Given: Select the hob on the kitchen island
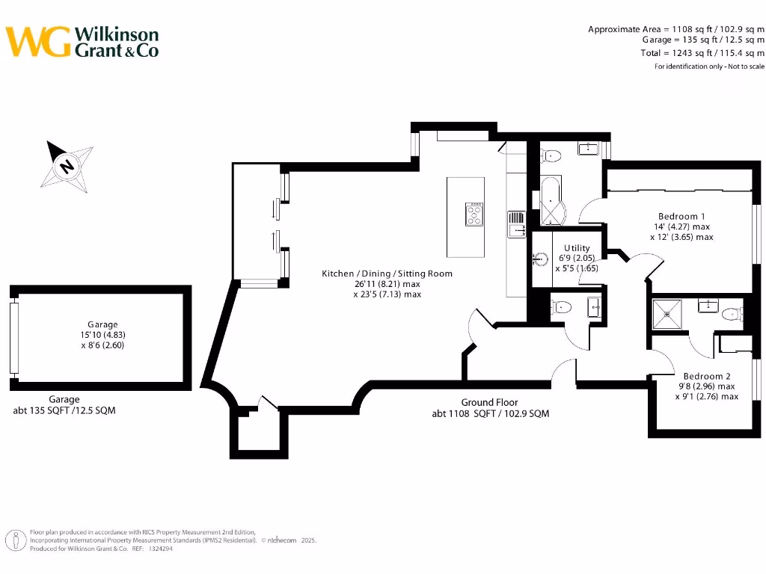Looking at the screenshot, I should click(474, 215).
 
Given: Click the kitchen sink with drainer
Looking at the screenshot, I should click(517, 224).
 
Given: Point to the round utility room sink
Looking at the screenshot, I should click(542, 260).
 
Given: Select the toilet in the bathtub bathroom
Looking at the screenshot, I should click(552, 156).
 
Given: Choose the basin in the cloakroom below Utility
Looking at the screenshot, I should click(595, 306).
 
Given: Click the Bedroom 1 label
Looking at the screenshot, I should click(681, 216).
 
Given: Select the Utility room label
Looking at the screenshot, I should click(577, 248).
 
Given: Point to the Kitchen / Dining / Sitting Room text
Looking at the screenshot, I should click(387, 274).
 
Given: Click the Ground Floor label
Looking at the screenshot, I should click(489, 402).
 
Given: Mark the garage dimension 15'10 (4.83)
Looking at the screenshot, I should click(102, 335).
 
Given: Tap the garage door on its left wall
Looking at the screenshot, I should click(13, 338).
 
